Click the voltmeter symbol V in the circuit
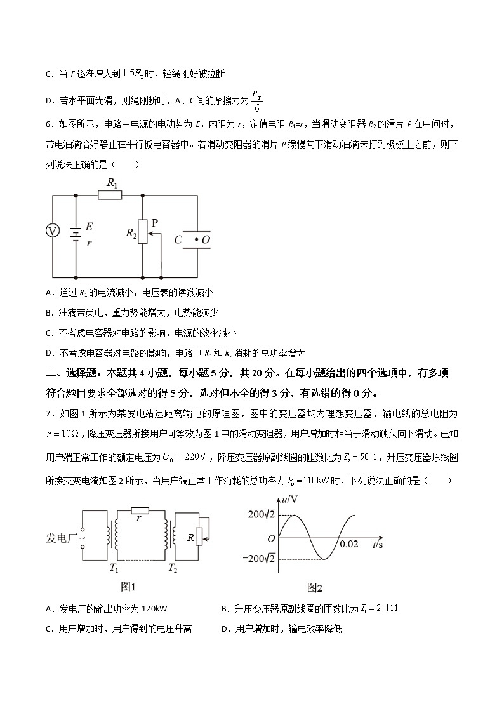coord(52,232)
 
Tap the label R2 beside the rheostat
coord(131,234)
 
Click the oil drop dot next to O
coord(196,239)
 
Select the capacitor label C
coord(178,240)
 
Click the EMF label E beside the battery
coord(89,227)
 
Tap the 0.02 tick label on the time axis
coord(349,545)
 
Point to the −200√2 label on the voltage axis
coord(261,559)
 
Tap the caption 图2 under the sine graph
coord(315,588)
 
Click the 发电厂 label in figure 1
coord(61,538)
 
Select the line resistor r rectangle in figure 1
coord(140,510)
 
